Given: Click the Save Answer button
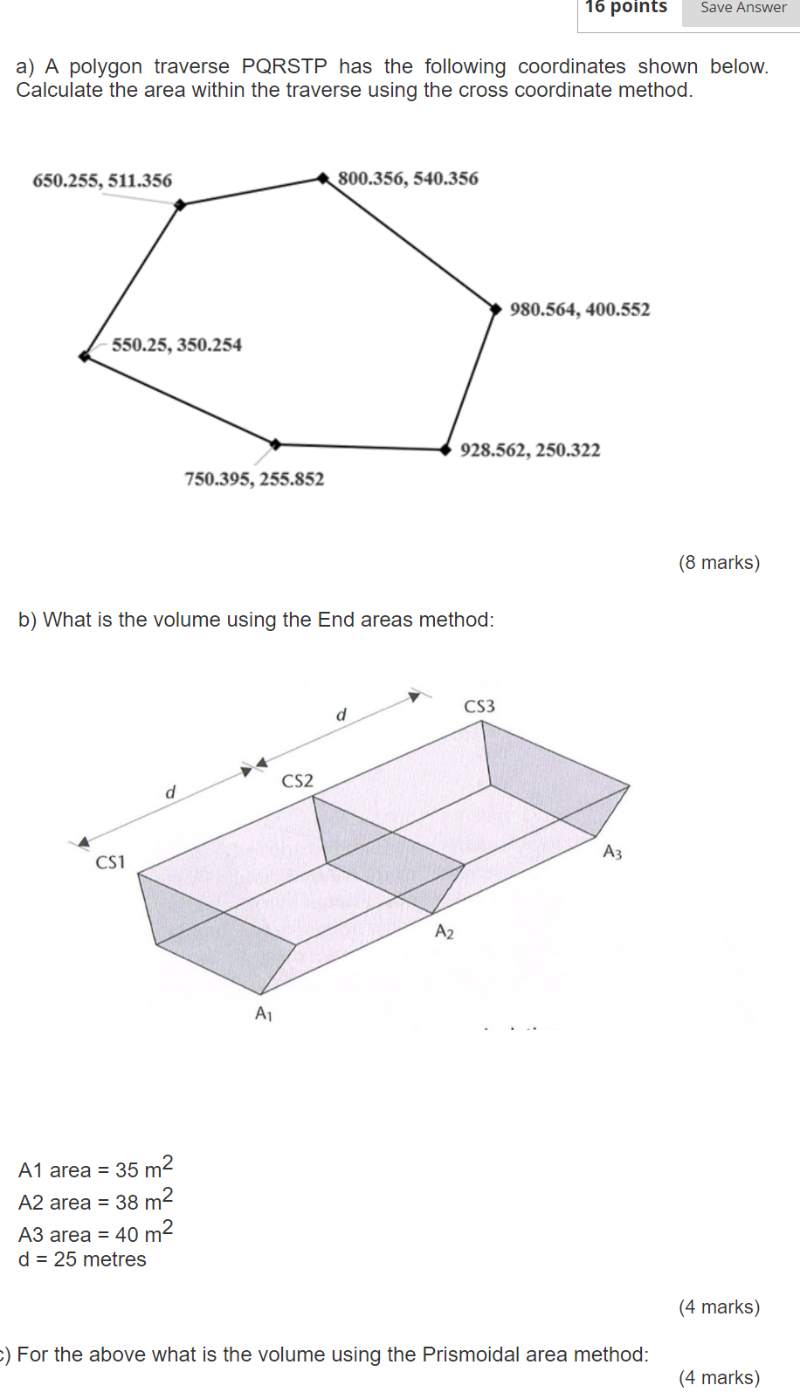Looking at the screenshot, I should pos(742,8).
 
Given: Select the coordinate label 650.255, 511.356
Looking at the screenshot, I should pos(102,181).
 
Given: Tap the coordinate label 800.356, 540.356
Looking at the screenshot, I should pos(408,179).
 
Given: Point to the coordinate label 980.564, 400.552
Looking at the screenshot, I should pos(580,310).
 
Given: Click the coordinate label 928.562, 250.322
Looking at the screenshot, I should pos(530,450).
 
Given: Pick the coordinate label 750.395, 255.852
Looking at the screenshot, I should pos(254,479).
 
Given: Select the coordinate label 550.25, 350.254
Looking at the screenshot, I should pos(176,345).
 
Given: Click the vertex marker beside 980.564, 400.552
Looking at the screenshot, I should pos(495,309).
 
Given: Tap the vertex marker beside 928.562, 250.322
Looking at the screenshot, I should pos(445,449).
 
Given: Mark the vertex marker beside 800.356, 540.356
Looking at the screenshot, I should pos(323,178).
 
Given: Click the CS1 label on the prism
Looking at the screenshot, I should pos(110,862).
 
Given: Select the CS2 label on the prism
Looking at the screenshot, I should pos(297,781).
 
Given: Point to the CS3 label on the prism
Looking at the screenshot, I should pos(479,706).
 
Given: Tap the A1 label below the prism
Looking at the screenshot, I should pos(264,1013).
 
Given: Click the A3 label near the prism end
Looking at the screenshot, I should pos(612,852).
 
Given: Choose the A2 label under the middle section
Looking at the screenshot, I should pos(445,932).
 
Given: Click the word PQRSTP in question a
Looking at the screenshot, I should pos(284,67).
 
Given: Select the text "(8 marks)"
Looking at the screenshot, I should pos(719,563).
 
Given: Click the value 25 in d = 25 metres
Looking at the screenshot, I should pos(66,1259).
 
